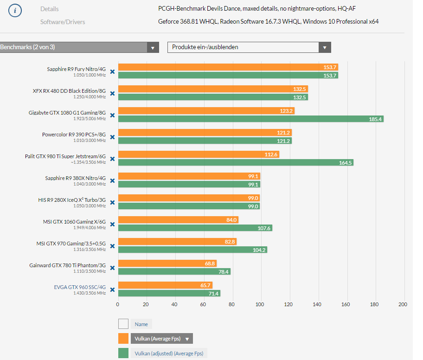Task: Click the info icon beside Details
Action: [15, 10]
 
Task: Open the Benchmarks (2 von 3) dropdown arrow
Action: [153, 47]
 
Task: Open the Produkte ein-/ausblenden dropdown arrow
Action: [325, 47]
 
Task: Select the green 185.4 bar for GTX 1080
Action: [250, 119]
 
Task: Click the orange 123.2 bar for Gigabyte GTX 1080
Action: [206, 110]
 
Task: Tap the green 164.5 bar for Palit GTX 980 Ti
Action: [236, 162]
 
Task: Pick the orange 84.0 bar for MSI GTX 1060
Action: [178, 219]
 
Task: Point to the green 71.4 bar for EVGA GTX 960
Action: [169, 293]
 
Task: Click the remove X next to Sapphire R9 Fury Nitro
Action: [112, 71]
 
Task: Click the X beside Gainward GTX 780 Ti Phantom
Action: [112, 268]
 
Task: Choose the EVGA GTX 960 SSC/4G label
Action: [80, 287]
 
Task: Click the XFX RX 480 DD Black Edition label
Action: [69, 90]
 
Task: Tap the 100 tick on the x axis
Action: [260, 304]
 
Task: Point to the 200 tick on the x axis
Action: [403, 304]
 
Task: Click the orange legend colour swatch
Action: [123, 339]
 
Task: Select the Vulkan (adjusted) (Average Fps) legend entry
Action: [169, 354]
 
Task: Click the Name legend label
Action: [141, 324]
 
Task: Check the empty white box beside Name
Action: [123, 324]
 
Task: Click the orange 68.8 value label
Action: [210, 263]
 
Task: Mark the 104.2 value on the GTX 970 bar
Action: [259, 250]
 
